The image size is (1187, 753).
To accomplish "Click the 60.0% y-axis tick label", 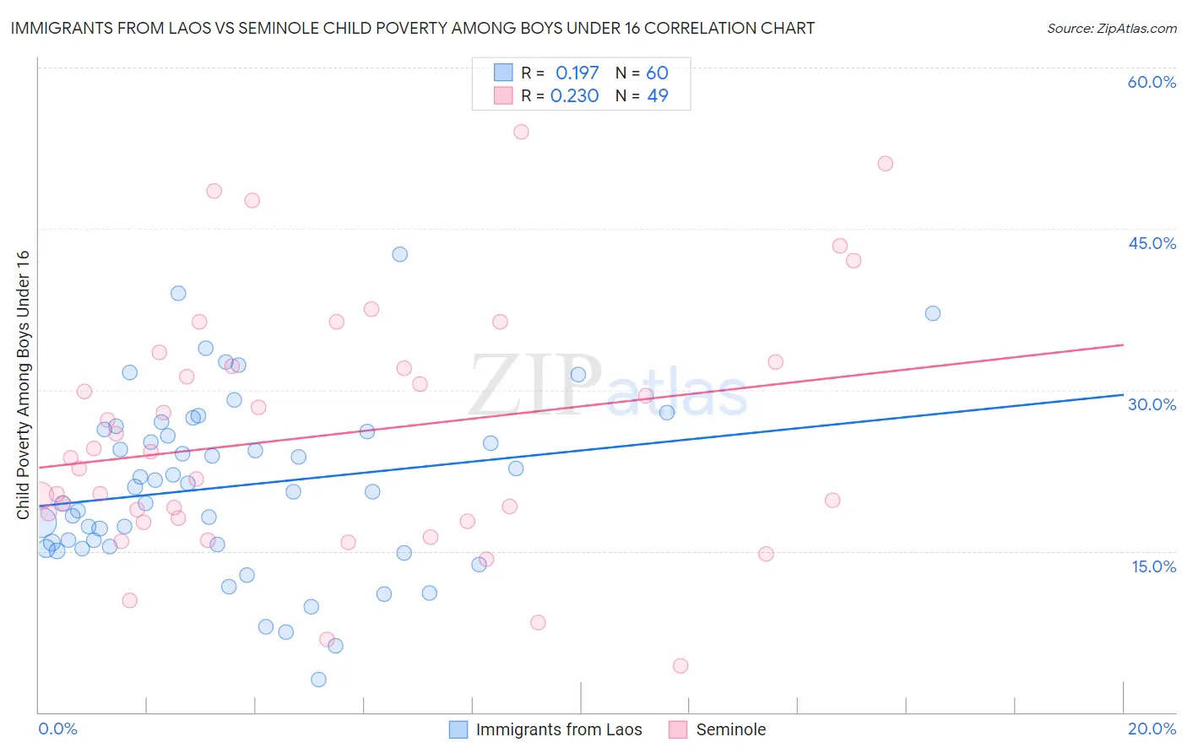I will pos(1152,82).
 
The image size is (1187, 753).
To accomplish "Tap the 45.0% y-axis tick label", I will pos(1152,243).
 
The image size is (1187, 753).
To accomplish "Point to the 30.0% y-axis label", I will pos(1152,404).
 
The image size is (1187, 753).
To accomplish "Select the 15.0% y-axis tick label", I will pos(1153,566).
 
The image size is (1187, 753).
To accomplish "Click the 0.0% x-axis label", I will pos(57,729).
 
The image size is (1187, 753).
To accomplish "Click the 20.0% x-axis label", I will pos(1152,729).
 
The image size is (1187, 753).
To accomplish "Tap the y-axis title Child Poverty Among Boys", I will pos(23,384).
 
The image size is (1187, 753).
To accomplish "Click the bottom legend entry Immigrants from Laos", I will pos(558,729).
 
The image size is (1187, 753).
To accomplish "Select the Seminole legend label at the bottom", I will pos(730,729).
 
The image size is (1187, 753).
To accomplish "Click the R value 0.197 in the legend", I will pos(577,73).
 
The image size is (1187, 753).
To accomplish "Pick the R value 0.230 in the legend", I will pos(574,96).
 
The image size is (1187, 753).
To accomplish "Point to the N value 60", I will pos(657,73).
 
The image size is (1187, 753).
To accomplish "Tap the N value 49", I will pos(657,96).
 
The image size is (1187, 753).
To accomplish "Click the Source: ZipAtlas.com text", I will pos(1111,29).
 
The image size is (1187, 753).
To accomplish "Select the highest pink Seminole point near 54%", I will pos(521,132).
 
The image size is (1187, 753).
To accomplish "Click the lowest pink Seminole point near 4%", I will pos(680,666).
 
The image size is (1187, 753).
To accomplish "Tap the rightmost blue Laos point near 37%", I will pos(933,313).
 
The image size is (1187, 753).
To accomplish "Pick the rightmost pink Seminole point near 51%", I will pos(885,164).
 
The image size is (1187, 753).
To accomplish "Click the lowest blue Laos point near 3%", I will pos(318,680).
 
